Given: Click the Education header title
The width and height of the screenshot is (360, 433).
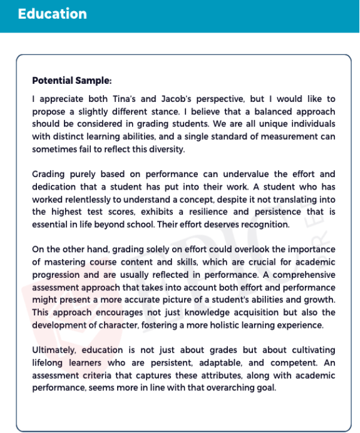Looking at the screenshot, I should click(x=53, y=14).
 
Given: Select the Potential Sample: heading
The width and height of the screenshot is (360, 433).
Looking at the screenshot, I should click(x=72, y=81).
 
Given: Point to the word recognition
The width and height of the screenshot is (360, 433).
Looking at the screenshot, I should click(x=264, y=225).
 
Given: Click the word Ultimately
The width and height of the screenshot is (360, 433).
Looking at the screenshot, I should click(x=55, y=350).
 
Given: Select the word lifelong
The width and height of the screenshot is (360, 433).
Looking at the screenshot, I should click(x=49, y=362).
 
